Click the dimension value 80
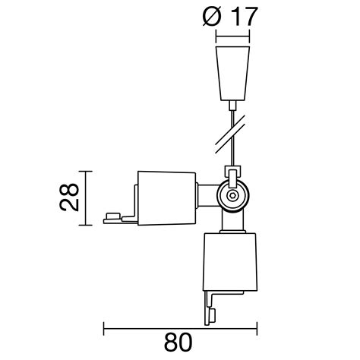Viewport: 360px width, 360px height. (x=180, y=343)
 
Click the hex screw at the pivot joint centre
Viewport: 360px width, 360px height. (x=231, y=196)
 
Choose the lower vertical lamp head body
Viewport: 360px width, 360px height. (x=231, y=262)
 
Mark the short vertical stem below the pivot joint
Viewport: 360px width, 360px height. (x=231, y=222)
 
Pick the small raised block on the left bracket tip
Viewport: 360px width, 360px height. (x=115, y=216)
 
